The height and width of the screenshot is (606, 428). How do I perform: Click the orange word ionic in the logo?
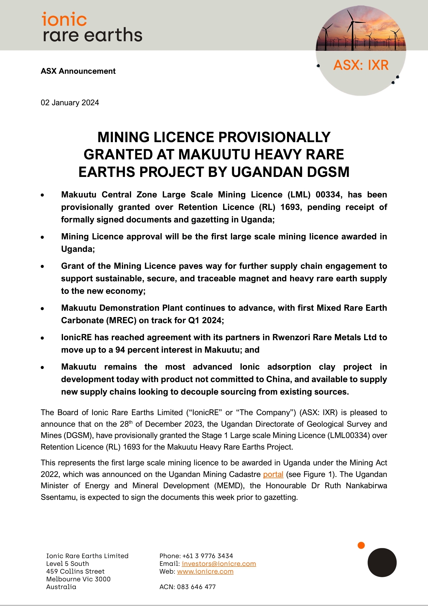point(64,19)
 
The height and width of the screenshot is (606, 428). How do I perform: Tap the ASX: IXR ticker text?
point(361,65)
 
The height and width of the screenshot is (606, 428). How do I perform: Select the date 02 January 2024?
point(70,103)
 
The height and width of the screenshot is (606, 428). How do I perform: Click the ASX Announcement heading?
point(78,71)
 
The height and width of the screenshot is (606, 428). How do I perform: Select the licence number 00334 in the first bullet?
point(328,195)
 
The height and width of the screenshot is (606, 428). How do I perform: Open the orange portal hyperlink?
point(273,474)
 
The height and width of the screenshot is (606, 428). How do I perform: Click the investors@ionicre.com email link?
point(219,564)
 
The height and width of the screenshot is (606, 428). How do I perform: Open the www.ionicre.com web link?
point(205,572)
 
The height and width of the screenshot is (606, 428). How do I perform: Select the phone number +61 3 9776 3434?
point(208,556)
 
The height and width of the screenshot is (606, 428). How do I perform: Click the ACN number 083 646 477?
point(196,587)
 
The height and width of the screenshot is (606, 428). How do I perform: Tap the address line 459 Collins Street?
point(75,572)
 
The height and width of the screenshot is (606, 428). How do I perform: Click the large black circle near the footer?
point(382,563)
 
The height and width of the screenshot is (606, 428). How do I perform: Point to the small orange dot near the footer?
point(361,545)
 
